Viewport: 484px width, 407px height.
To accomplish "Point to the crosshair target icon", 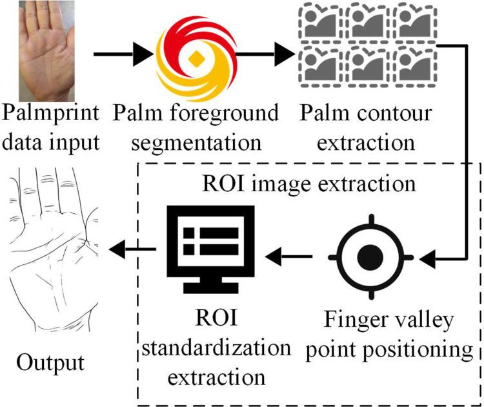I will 374,258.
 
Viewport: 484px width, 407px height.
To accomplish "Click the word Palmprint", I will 51,114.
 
